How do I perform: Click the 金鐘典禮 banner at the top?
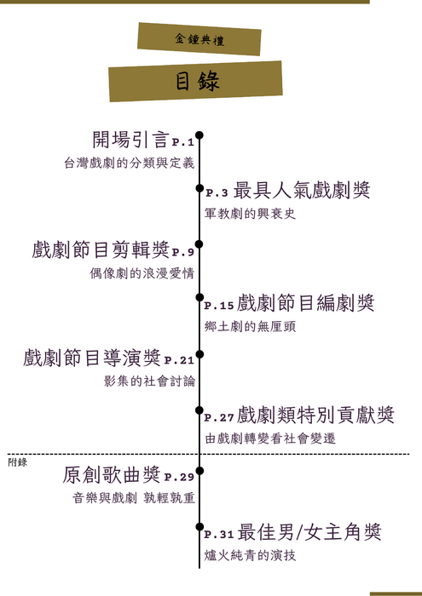click(199, 39)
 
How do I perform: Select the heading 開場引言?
click(130, 140)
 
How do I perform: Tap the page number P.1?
click(183, 142)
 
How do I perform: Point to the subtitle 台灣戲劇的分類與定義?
click(130, 163)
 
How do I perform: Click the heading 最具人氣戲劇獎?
click(302, 191)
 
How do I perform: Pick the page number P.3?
click(217, 193)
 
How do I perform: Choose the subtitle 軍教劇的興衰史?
click(250, 213)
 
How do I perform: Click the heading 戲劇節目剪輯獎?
click(101, 250)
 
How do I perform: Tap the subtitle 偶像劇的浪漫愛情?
click(142, 273)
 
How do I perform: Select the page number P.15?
click(219, 306)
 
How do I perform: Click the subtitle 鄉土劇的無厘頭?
click(250, 326)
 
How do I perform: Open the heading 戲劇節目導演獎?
click(92, 358)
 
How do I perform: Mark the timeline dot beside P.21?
click(199, 354)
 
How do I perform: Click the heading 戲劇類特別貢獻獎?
click(315, 415)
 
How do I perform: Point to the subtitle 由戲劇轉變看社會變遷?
click(270, 438)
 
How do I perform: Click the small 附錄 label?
click(18, 462)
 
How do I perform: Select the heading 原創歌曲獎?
click(112, 475)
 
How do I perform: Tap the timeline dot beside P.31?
click(199, 526)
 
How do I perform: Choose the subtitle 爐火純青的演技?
click(250, 555)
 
